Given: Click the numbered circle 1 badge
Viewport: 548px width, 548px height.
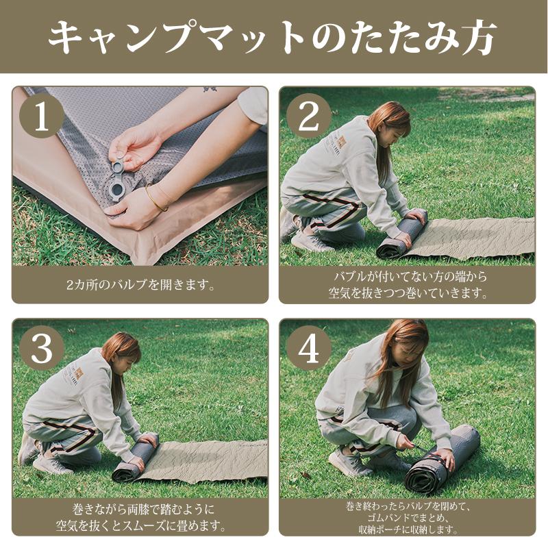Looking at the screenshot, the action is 42,116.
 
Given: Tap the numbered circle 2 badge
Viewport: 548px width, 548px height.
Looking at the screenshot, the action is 309,116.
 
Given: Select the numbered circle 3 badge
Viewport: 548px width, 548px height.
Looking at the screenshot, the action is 42,348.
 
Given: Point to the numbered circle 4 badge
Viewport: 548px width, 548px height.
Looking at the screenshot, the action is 309,348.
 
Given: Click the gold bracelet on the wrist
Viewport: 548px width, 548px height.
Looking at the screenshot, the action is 155,199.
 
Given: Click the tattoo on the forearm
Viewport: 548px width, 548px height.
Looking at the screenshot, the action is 210,89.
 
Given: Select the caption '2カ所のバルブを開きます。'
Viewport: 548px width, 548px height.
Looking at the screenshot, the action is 140,285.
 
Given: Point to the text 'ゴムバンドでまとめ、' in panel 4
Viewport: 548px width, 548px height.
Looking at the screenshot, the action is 408,518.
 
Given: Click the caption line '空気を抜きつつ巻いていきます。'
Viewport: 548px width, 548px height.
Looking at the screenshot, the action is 408,293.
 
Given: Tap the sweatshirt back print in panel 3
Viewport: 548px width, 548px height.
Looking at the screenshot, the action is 75,375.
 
